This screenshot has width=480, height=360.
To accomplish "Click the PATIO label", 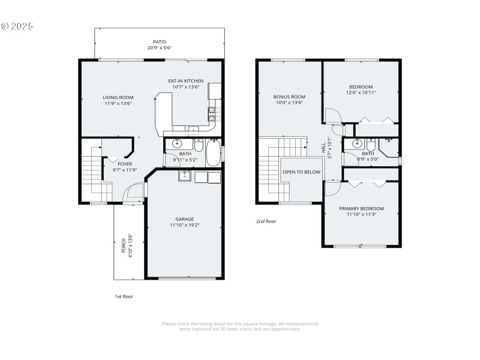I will coord(159,42).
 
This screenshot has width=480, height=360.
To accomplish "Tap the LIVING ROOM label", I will coord(118,97).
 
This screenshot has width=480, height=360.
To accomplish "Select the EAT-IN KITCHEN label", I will coord(185,81).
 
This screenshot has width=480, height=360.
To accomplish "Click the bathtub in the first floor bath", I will coord(213,153).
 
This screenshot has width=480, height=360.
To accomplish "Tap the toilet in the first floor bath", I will coord(199,145).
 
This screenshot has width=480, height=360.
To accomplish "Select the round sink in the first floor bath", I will coord(178,143).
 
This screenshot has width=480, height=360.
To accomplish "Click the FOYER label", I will coord(125,164).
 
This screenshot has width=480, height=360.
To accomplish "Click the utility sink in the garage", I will coord(184,176).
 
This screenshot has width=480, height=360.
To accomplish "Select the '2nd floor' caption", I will coord(266,221).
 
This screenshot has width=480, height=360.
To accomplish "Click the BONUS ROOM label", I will coord(289,97).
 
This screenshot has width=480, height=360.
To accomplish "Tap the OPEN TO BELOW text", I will coord(301,172).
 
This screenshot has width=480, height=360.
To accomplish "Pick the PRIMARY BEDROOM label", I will coord(361,209).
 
